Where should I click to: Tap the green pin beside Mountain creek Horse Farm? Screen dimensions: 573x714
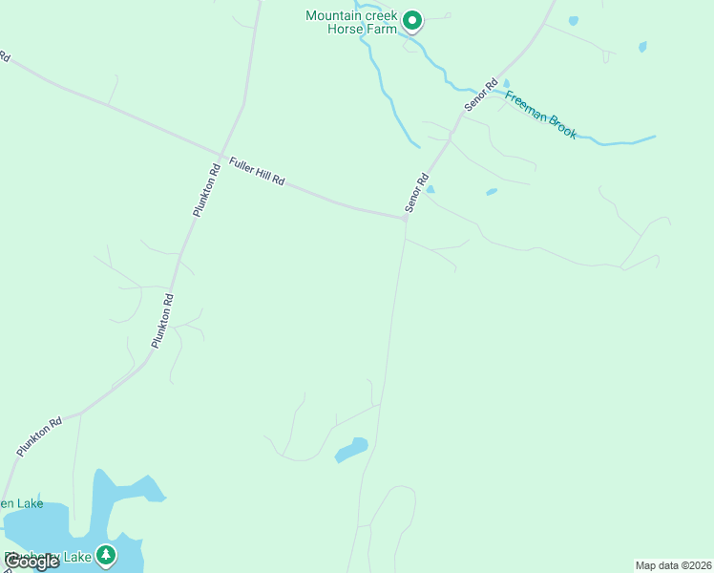[412, 20]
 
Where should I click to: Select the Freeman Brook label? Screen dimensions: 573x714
[540, 115]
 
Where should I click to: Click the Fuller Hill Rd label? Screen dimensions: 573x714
[257, 171]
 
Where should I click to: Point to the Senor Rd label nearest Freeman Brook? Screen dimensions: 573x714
[482, 95]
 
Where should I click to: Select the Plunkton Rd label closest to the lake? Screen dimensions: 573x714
[39, 435]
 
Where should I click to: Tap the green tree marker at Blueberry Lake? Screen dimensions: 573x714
[106, 554]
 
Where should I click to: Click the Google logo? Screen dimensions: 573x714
[31, 562]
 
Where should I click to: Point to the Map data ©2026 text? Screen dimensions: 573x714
[673, 565]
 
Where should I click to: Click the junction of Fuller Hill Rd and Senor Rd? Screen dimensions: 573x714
[407, 219]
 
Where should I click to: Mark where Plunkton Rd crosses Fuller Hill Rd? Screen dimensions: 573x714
[221, 157]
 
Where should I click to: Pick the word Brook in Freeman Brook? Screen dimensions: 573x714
[559, 125]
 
